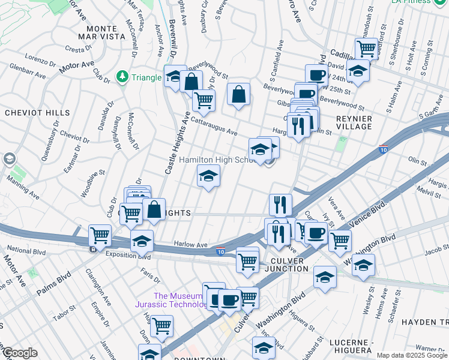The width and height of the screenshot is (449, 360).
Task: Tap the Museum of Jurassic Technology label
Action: coord(180,300)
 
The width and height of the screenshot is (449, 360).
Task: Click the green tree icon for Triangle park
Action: coord(122,77)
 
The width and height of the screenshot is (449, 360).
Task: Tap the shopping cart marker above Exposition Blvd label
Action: coord(99,235)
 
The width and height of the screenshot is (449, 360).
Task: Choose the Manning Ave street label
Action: coord(23,191)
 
